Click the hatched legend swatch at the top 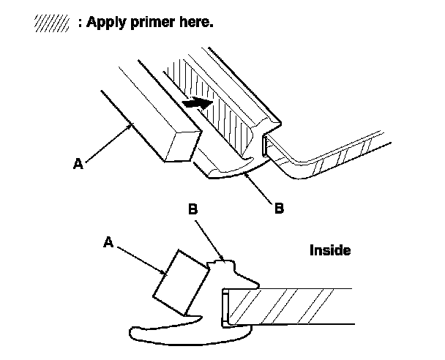(51, 23)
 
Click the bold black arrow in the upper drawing (195, 104)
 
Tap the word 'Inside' (330, 251)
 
